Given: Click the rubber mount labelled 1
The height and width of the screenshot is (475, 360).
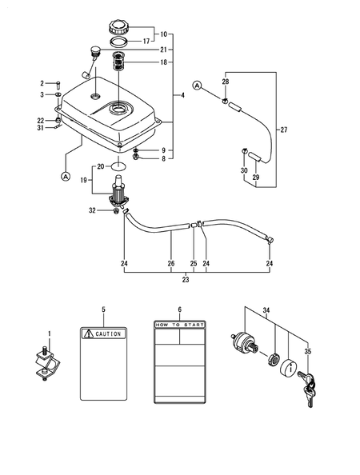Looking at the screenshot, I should pos(46,364).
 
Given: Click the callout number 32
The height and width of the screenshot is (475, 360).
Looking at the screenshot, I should pos(92,210).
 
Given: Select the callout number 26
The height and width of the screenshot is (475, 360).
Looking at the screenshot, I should pos(170,261).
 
